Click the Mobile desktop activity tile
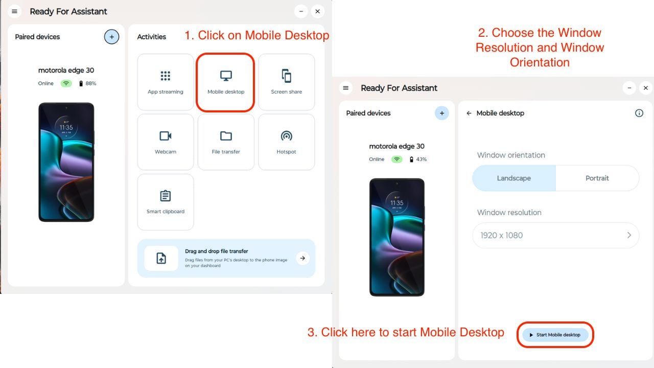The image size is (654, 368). click(x=225, y=82)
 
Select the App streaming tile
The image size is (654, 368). click(x=165, y=82)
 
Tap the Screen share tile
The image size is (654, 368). click(x=286, y=82)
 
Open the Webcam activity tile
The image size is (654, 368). click(x=165, y=142)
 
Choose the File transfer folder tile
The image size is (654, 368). click(x=225, y=142)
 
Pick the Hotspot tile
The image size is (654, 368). click(x=286, y=142)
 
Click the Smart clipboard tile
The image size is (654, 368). click(x=165, y=202)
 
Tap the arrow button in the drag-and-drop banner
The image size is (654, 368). click(x=302, y=258)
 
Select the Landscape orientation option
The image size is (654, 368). click(x=513, y=178)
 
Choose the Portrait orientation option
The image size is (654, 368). click(x=597, y=178)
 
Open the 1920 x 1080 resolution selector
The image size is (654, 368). click(x=555, y=235)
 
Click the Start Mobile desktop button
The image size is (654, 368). click(x=555, y=335)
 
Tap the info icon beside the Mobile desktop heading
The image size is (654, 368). click(x=639, y=113)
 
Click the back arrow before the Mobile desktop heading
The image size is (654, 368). click(x=469, y=113)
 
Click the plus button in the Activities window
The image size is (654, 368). click(x=111, y=37)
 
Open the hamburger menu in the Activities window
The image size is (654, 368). click(x=14, y=11)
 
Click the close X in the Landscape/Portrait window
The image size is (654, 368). click(x=645, y=88)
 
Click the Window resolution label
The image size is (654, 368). click(x=509, y=212)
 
